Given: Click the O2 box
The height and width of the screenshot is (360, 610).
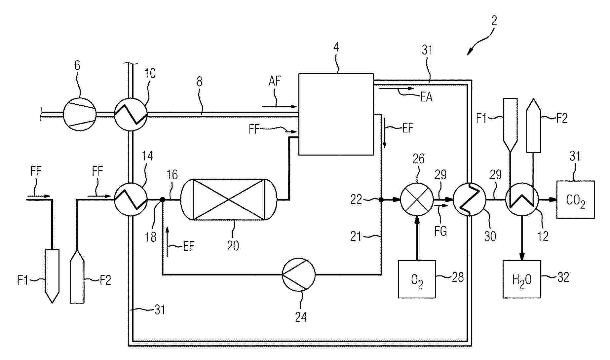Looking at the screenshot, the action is point(417,279).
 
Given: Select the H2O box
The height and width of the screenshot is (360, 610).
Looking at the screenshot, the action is point(522,279).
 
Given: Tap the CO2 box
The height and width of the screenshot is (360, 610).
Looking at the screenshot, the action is point(576,199).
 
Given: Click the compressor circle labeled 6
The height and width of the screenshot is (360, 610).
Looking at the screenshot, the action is point(80,114).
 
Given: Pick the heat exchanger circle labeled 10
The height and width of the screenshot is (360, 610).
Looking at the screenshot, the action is point(131,114).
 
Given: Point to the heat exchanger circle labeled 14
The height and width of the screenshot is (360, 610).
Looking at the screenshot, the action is point(131,199).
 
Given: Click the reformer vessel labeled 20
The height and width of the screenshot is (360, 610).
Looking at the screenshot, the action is point(229,199).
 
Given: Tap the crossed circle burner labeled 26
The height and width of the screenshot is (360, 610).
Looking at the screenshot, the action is point(417,199).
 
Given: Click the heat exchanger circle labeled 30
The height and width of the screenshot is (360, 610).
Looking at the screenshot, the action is point(469,199).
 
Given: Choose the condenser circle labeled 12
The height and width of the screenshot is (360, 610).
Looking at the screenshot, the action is point(522,199).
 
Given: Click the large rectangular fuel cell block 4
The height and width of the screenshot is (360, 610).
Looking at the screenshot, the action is point(336,114).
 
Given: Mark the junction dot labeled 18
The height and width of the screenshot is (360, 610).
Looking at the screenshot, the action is point(163,199).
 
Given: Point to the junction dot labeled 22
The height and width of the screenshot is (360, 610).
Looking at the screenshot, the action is point(381,199).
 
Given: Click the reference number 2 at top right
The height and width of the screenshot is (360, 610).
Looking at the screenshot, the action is point(494,21).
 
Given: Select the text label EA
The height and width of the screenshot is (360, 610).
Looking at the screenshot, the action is point(426,97).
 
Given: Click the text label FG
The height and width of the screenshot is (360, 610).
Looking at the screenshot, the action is point(441,231).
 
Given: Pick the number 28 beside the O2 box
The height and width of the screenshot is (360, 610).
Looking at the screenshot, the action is point(458,277).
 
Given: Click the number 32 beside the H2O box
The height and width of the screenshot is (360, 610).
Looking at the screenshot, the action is point(563,277).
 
